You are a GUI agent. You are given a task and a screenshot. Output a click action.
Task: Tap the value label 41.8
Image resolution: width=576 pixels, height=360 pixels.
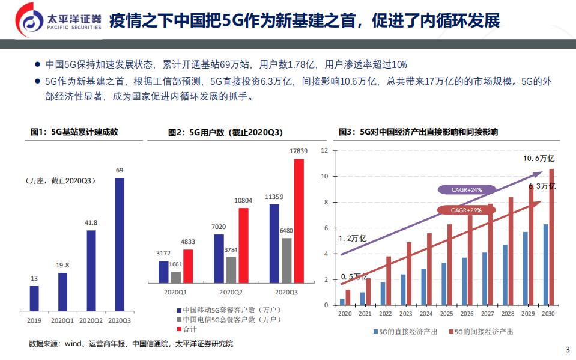click(91, 222)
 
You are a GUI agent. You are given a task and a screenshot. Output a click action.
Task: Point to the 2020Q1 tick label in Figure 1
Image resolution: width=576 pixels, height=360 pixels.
click(62, 320)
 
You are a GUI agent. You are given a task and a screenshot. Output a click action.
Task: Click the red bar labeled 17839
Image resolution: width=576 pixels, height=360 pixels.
click(299, 221)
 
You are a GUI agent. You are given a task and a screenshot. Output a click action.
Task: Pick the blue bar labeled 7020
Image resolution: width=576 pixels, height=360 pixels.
click(219, 258)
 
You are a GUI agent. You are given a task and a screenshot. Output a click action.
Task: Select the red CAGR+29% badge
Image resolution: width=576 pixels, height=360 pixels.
click(467, 210)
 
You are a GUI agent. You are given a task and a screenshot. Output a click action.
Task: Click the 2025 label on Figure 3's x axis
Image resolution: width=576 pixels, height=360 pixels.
click(446, 314)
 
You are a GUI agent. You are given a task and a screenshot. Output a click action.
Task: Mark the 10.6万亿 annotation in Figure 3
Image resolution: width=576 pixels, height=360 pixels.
click(538, 159)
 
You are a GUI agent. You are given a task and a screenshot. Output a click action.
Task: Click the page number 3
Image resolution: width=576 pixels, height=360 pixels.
click(568, 350)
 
